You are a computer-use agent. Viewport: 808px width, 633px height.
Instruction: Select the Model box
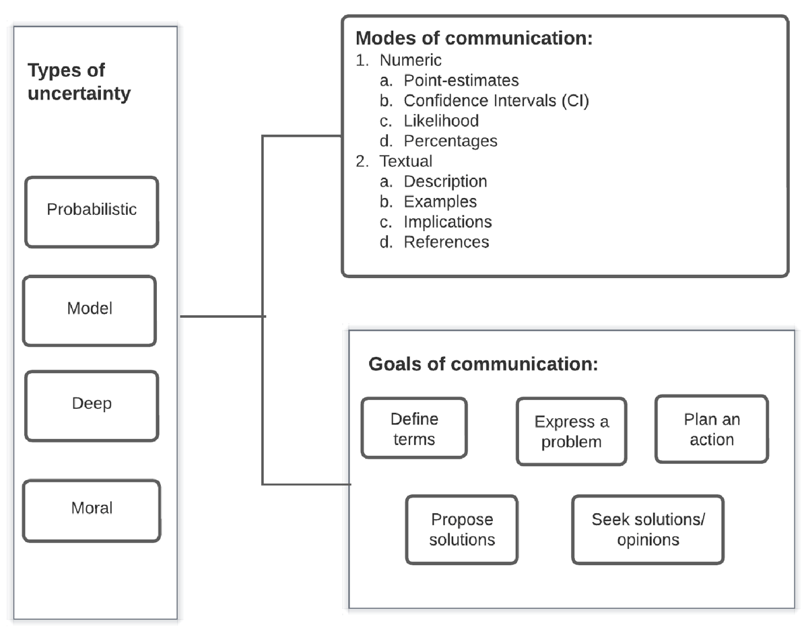pos(90,310)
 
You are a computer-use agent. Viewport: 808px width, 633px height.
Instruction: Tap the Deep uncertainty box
pos(92,405)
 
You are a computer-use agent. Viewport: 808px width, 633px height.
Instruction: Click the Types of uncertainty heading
pos(79,81)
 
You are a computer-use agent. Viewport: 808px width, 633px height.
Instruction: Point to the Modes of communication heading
pos(473,38)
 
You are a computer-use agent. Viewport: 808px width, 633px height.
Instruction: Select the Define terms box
pos(414,428)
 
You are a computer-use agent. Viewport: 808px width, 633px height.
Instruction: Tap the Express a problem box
pos(571,432)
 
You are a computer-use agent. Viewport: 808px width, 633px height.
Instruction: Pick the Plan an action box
pos(711,429)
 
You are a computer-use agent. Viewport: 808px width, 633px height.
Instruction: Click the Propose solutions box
pos(462,529)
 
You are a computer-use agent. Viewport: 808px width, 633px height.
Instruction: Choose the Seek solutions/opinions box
pos(648,529)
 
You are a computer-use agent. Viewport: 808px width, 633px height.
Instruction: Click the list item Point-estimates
pos(461,81)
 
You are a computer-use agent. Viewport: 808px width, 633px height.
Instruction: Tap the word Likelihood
pos(441,121)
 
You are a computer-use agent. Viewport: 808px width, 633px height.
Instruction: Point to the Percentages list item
pos(450,141)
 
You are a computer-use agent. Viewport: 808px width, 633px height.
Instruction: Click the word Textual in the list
pos(406,162)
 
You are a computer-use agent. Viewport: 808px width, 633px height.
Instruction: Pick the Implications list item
pos(448,222)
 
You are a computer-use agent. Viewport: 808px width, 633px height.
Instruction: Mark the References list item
pos(446,242)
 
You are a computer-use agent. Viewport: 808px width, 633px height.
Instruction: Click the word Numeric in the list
pos(411,61)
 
